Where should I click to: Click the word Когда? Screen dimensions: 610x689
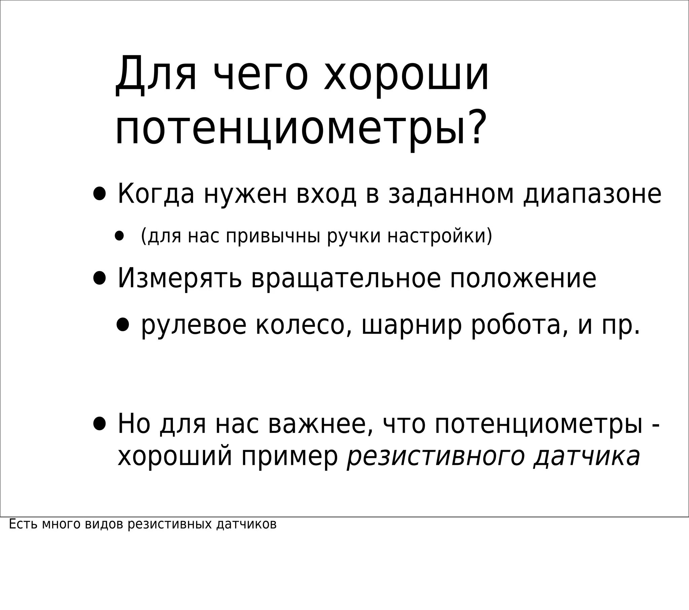click(156, 194)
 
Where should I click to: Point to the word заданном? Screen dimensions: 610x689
click(451, 194)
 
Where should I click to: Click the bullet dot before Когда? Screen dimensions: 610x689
click(100, 194)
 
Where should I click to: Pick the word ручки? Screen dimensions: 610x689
click(353, 236)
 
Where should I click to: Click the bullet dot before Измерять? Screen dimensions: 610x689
click(100, 279)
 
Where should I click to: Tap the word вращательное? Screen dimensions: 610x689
click(346, 279)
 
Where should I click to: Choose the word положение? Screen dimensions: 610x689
click(523, 279)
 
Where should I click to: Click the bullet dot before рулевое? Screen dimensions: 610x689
click(123, 324)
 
